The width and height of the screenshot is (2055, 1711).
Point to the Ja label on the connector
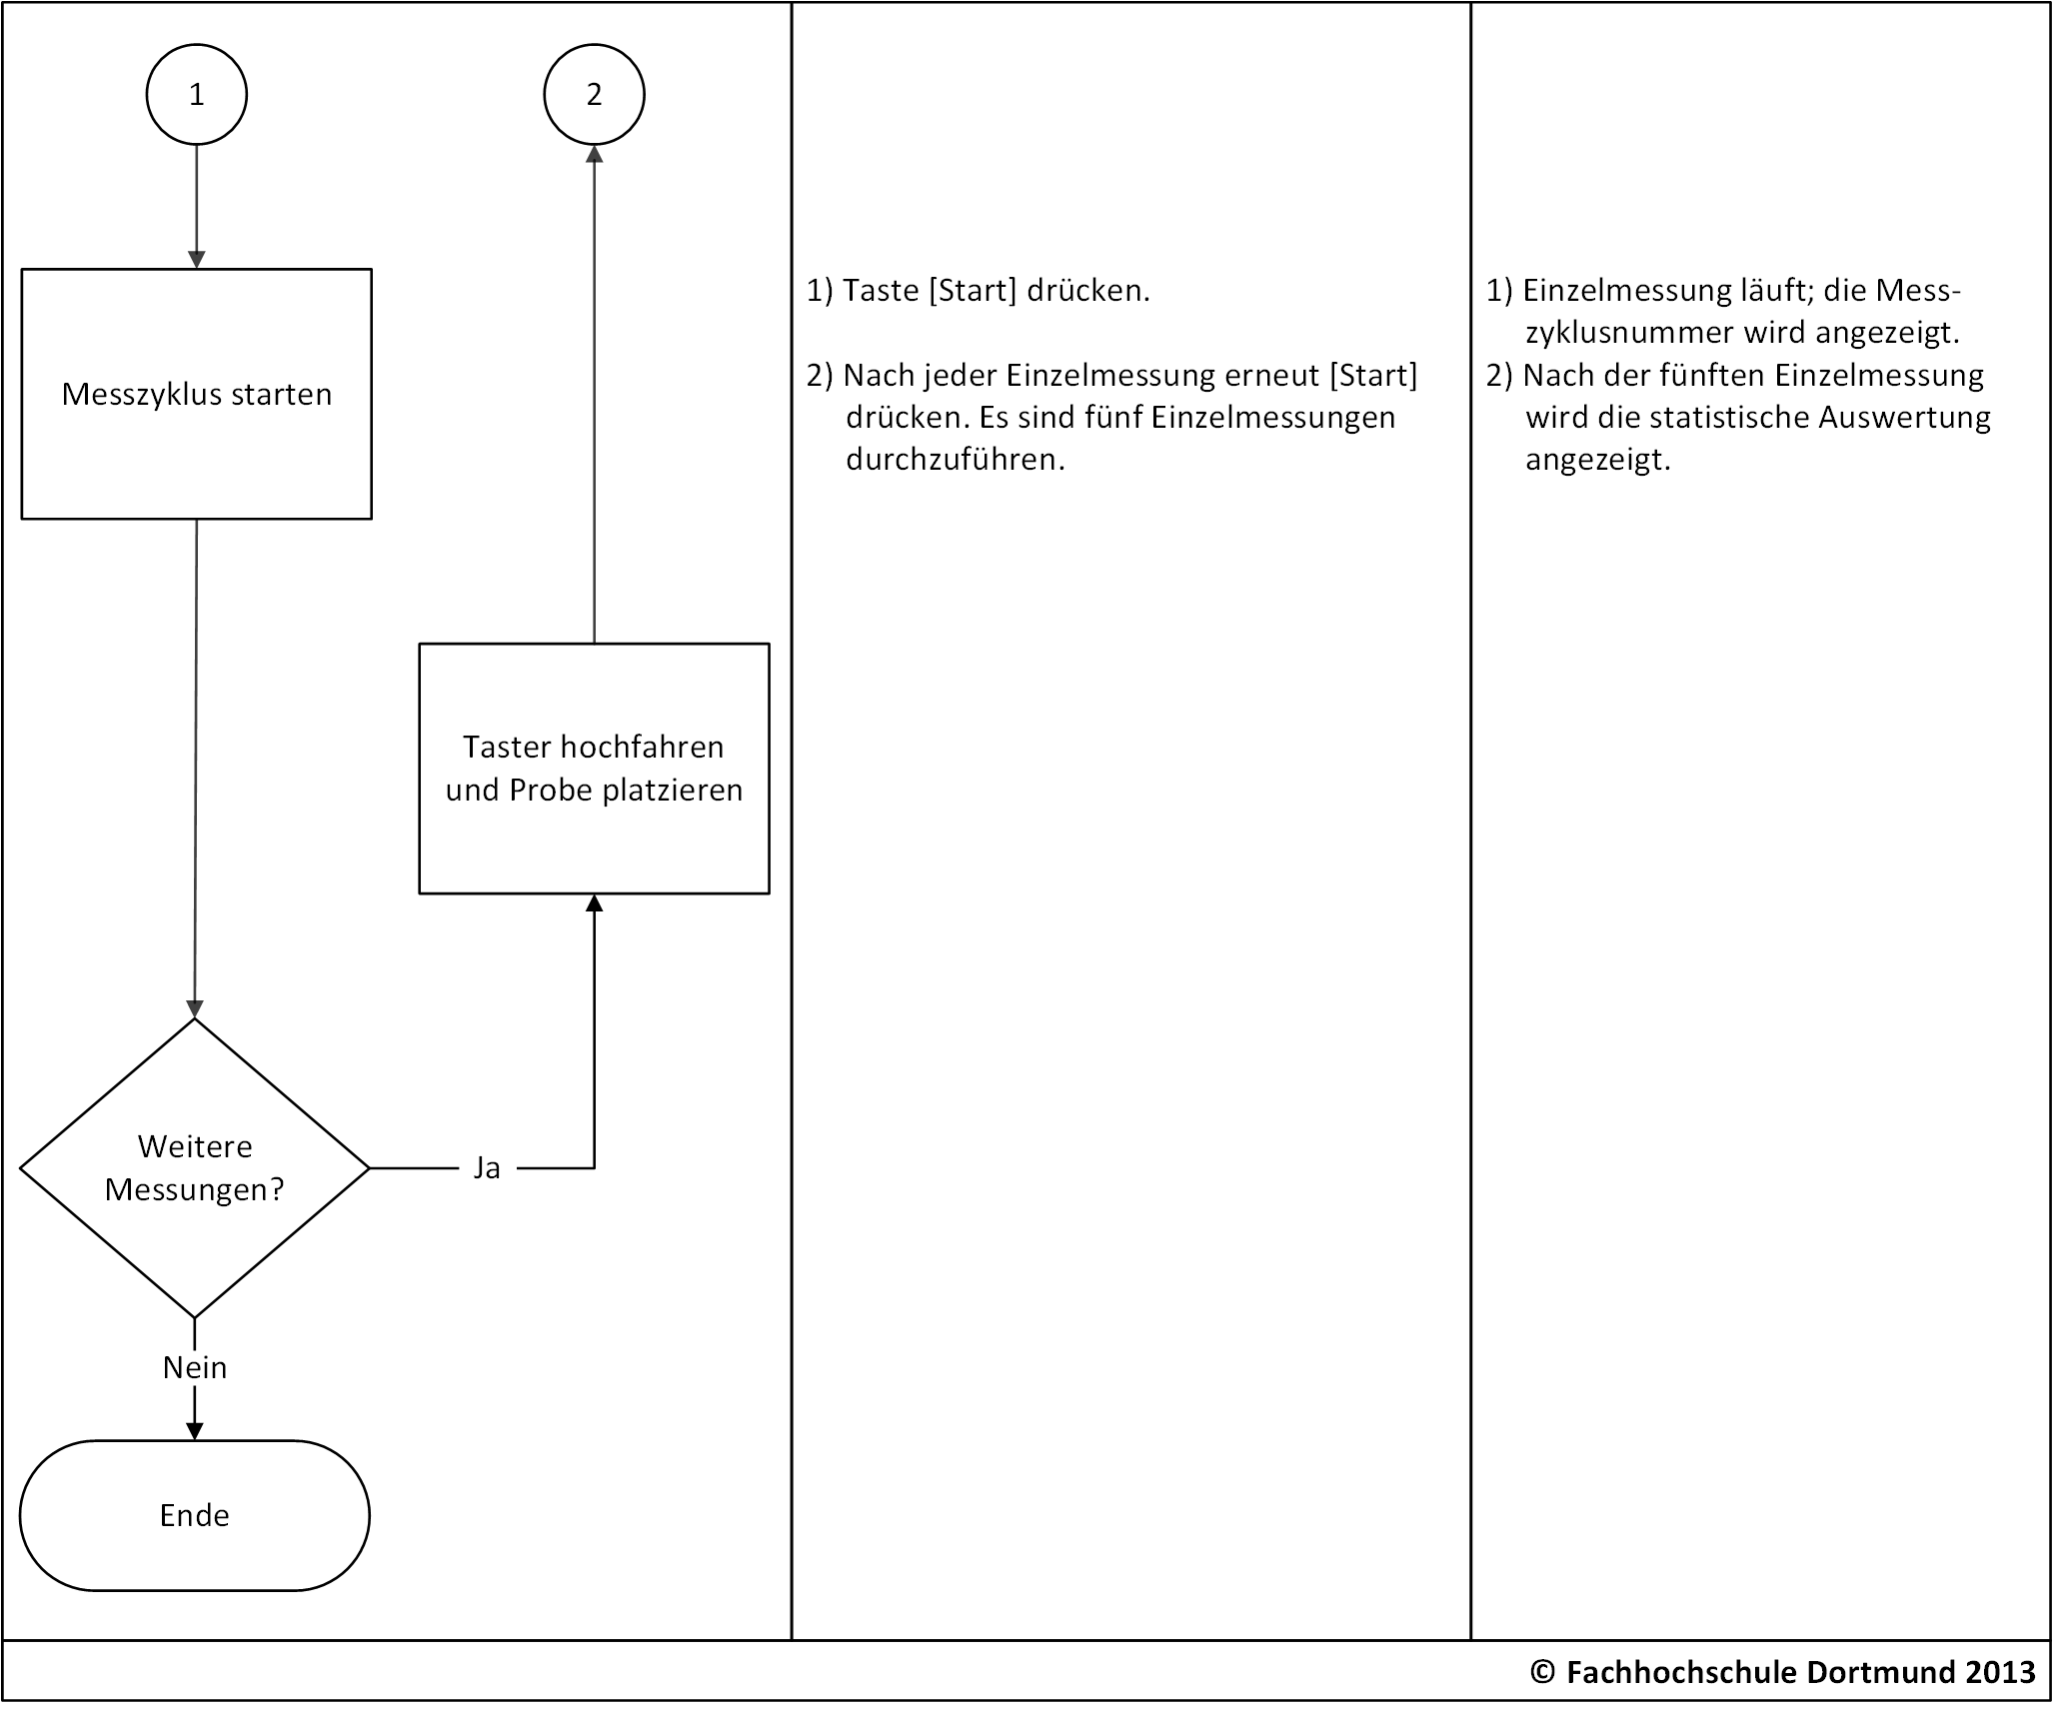point(487,1167)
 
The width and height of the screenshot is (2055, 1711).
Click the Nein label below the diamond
point(195,1367)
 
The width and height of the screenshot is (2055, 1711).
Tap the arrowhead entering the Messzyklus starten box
point(197,259)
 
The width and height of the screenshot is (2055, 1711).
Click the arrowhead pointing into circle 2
point(595,155)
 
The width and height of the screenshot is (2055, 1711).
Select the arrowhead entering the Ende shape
point(195,1431)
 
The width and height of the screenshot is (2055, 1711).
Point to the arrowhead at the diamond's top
point(195,1008)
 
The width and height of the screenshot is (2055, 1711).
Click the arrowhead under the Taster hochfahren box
point(595,903)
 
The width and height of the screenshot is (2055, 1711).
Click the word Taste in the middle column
point(881,291)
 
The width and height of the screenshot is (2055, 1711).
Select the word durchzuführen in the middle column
point(956,460)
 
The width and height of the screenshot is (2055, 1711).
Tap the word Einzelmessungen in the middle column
point(1273,418)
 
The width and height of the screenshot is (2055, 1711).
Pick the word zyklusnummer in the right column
point(1630,333)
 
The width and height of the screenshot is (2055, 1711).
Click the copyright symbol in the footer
point(1543,1672)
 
